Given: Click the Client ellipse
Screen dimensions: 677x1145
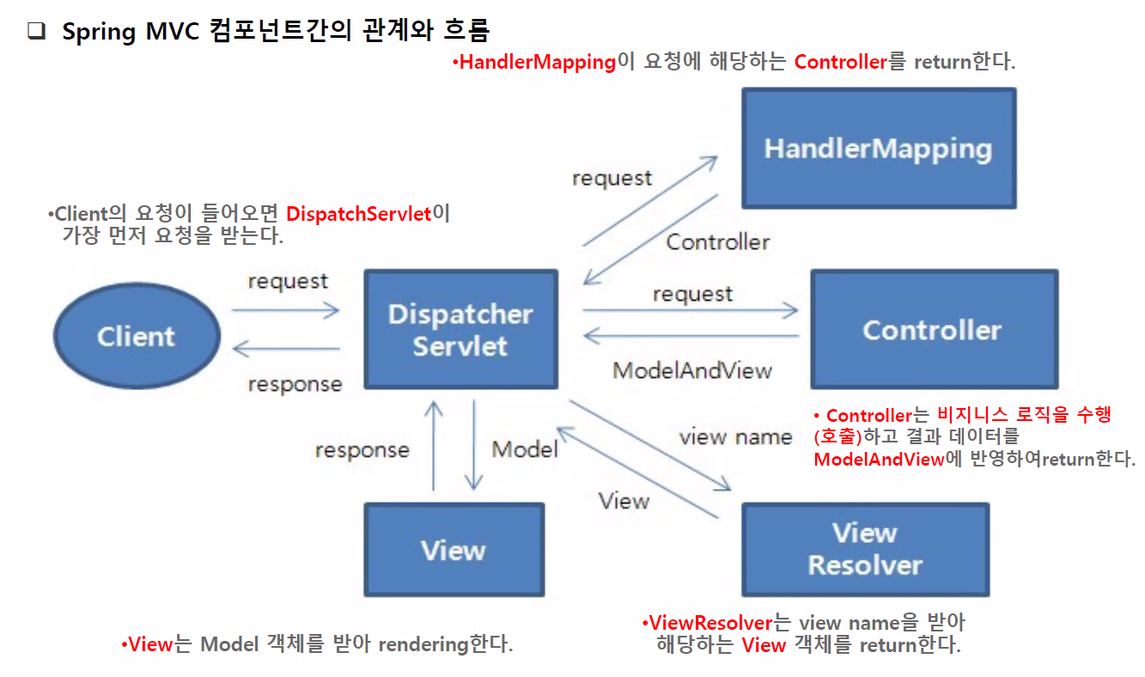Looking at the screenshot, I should point(137,336).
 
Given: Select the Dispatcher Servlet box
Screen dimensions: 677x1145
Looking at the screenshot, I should point(460,330).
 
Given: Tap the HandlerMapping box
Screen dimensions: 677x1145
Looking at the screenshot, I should point(878,148).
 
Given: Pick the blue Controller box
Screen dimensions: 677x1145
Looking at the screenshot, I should point(933,330).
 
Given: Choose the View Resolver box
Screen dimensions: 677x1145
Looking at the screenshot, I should point(865,549).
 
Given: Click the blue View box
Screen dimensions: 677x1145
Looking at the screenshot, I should point(454,550).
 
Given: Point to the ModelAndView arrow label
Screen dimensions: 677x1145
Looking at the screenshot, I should point(692,370).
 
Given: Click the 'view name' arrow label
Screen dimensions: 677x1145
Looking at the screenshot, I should point(735,436).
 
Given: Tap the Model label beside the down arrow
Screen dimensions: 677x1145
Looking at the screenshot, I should point(524,448).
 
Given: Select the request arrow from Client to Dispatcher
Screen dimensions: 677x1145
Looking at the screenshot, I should point(286,311).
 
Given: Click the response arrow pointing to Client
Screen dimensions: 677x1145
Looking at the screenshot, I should point(286,349).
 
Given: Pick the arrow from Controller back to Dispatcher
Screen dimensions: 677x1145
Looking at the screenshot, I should point(691,336).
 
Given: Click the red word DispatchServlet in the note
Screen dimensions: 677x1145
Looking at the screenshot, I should point(358,214).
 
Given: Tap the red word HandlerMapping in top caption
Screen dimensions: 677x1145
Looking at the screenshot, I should point(538,62).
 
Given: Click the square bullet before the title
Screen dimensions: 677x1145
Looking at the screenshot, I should point(36,32).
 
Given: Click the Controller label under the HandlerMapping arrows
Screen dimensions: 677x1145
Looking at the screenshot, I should point(718,241).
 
